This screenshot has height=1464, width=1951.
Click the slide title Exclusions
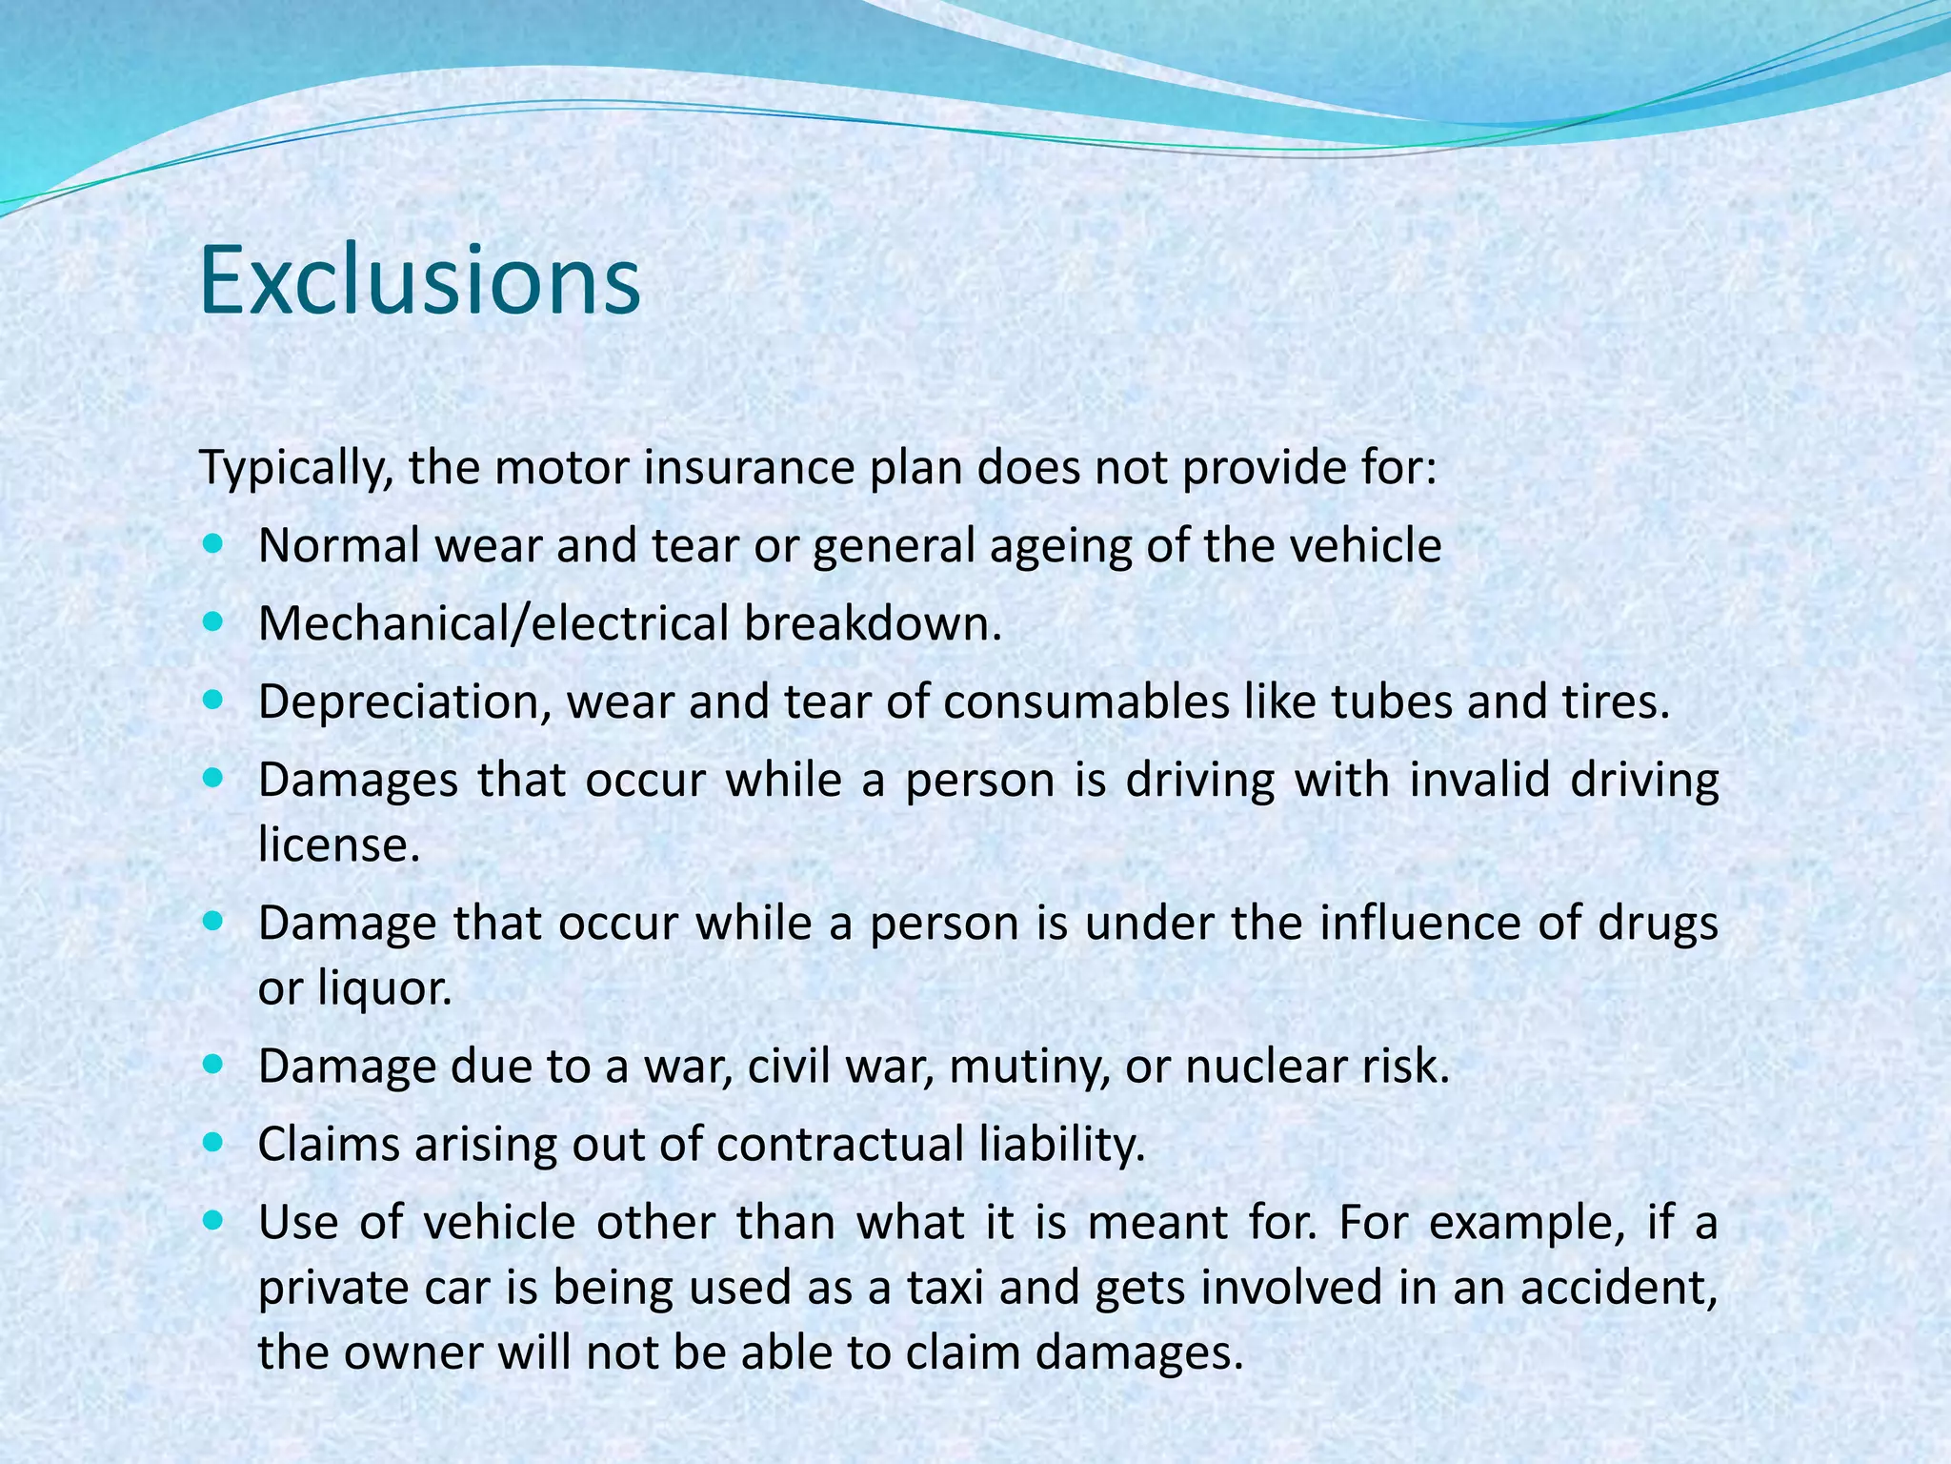tap(420, 280)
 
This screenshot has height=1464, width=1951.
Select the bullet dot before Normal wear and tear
tap(212, 545)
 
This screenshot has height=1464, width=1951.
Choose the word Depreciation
tap(404, 703)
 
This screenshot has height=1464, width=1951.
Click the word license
tap(338, 844)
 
